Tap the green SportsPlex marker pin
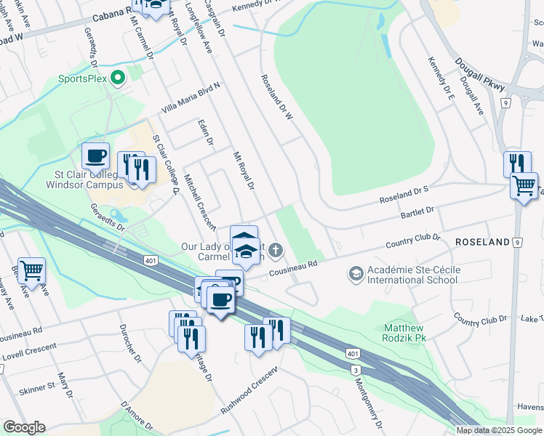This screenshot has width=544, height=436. point(116,76)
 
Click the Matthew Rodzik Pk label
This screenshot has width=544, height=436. point(405,333)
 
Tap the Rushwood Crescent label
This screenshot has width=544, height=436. point(249,392)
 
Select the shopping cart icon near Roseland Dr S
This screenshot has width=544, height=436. point(524,186)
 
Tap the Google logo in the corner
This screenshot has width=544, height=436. point(24,427)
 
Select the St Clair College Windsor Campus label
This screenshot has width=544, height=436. point(76,179)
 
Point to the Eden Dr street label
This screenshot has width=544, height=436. point(205,132)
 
